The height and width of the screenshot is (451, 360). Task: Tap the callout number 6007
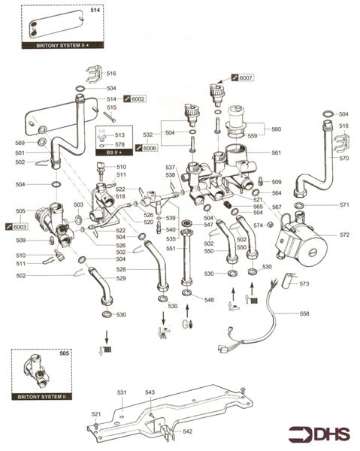tap(246, 77)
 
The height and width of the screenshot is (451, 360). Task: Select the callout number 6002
tap(138, 99)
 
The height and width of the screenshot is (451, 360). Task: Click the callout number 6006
tap(150, 149)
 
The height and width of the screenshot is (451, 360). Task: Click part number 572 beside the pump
tap(344, 235)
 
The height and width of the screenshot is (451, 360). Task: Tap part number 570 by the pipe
tap(344, 159)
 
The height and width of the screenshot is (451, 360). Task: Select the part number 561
tap(276, 153)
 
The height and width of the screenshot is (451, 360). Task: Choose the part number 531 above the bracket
tap(123, 392)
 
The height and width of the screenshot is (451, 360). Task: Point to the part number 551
tap(171, 249)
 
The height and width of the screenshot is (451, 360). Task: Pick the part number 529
tap(121, 279)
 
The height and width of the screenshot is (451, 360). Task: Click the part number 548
tap(209, 299)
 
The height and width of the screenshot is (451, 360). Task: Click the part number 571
tap(344, 204)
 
